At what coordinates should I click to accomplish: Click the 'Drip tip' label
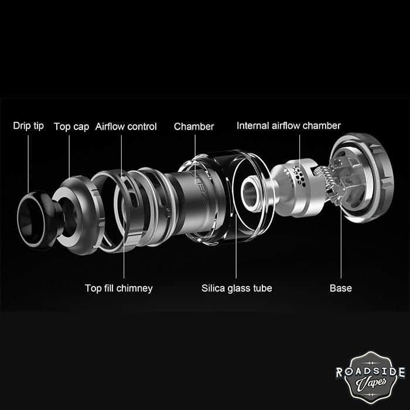pyautogui.click(x=28, y=126)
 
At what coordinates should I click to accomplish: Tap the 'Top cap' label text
pyautogui.click(x=71, y=126)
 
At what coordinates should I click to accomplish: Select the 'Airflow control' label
pyautogui.click(x=126, y=126)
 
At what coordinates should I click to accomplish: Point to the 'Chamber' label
pyautogui.click(x=194, y=126)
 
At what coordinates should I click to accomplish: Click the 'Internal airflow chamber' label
pyautogui.click(x=288, y=125)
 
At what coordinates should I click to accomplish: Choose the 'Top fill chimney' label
pyautogui.click(x=118, y=288)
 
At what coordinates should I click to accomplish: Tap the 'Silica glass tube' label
pyautogui.click(x=237, y=288)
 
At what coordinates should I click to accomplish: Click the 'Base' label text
pyautogui.click(x=340, y=288)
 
